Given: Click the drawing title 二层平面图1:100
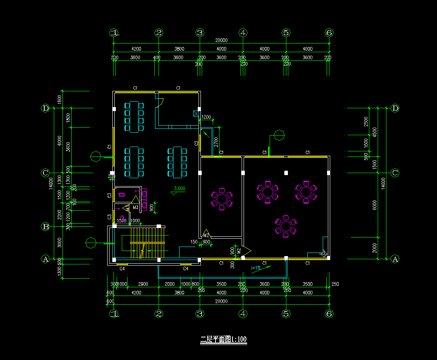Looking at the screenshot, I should pyautogui.click(x=224, y=339).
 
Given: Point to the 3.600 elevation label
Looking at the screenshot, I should pyautogui.click(x=180, y=188).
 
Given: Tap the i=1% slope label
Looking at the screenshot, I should pyautogui.click(x=256, y=268).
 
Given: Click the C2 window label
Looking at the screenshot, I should pyautogui.click(x=196, y=143).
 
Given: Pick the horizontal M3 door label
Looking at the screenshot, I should pyautogui.click(x=135, y=207).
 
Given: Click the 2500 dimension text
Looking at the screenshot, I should pyautogui.click(x=366, y=121).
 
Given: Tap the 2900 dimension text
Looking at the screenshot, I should pyautogui.click(x=143, y=284).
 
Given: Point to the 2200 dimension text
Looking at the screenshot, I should pyautogui.click(x=60, y=215).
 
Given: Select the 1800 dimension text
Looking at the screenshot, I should pyautogui.click(x=68, y=118).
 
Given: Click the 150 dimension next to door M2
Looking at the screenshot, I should pyautogui.click(x=194, y=241).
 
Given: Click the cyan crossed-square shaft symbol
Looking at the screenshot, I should pyautogui.click(x=196, y=114).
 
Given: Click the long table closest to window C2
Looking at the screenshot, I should pyautogui.click(x=177, y=162).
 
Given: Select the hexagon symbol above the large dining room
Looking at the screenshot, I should pyautogui.click(x=280, y=136).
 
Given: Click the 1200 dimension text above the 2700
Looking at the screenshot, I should pyautogui.click(x=206, y=117).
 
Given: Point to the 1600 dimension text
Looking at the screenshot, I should pyautogui.click(x=59, y=99).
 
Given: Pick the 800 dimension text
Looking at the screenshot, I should pyautogui.click(x=195, y=284).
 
